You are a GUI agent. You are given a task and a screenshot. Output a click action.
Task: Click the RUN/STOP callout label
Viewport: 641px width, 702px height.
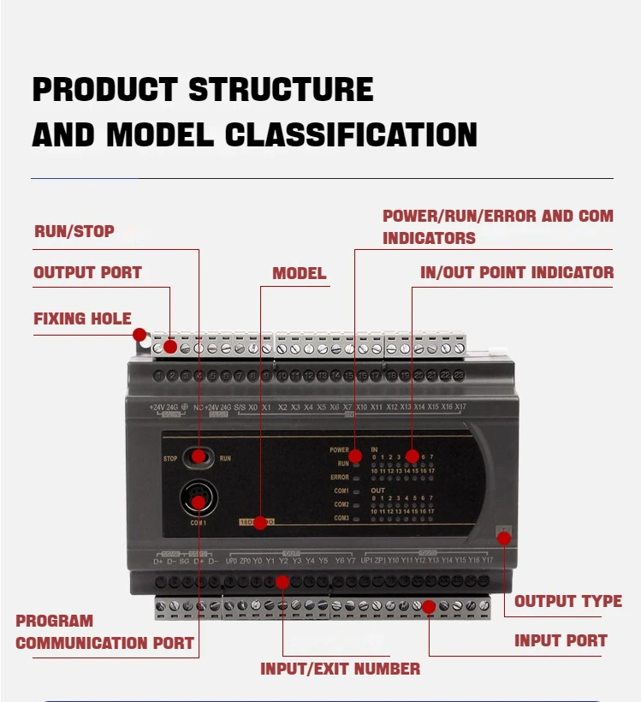click(x=74, y=231)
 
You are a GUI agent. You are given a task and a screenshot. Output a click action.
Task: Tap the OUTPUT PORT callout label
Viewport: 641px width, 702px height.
click(x=87, y=273)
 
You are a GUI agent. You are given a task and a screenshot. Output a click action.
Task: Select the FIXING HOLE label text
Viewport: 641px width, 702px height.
click(x=82, y=318)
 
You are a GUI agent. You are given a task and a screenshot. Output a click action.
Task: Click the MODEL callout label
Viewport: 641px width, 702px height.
click(x=299, y=274)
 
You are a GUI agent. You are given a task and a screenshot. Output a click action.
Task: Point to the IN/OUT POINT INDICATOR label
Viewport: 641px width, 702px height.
click(x=517, y=273)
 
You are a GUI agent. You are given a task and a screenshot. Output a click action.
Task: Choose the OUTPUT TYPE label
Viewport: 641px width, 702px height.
click(x=567, y=601)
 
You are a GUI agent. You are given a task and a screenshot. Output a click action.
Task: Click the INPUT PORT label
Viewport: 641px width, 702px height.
click(x=561, y=640)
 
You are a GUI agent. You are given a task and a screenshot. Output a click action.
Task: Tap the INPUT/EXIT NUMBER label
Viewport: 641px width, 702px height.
click(x=340, y=669)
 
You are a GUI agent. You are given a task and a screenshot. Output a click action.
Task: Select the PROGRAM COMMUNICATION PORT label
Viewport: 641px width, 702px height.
click(x=104, y=632)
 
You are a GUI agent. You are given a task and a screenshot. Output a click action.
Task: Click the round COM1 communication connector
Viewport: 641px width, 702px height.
click(x=199, y=498)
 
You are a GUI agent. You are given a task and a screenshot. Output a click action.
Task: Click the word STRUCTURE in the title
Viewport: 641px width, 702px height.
click(x=281, y=90)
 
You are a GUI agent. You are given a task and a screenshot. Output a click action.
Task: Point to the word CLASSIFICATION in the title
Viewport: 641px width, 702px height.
click(x=351, y=135)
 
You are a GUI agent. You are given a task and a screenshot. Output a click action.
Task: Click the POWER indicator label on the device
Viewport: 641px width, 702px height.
click(x=339, y=449)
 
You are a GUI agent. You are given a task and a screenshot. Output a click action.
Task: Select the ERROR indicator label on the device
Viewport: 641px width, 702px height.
click(x=340, y=477)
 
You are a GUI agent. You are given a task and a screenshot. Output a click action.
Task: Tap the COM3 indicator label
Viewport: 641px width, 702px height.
click(x=341, y=518)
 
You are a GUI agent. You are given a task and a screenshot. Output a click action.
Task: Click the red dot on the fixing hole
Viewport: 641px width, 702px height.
click(x=139, y=335)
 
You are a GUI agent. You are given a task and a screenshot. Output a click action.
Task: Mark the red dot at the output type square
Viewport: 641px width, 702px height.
click(x=503, y=538)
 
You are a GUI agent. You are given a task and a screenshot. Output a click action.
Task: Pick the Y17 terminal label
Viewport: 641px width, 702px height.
click(x=486, y=561)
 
